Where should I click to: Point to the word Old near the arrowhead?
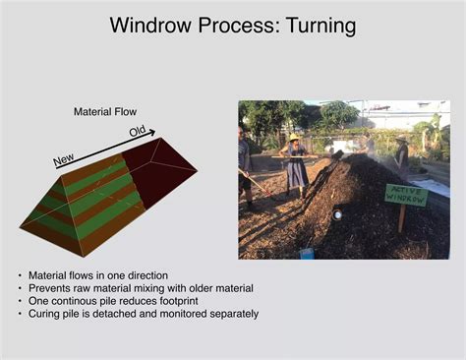(138, 131)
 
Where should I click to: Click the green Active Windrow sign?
(405, 195)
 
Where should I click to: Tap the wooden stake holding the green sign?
(402, 219)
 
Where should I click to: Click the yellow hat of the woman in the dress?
(293, 138)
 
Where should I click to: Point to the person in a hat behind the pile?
(401, 157)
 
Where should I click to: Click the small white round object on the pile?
(338, 213)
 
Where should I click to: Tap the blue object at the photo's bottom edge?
(307, 254)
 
